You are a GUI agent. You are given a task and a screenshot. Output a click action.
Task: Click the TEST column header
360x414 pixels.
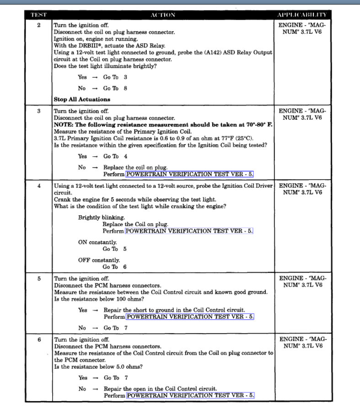38,15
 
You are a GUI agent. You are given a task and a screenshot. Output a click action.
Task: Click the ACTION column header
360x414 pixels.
163,15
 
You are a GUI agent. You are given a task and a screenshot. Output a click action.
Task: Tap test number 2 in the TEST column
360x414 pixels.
38,25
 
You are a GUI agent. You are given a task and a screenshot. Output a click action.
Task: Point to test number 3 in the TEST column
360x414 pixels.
38,111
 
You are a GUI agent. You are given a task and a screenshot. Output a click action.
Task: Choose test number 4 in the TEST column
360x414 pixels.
38,186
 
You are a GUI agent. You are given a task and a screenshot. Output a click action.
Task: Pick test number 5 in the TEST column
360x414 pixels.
38,278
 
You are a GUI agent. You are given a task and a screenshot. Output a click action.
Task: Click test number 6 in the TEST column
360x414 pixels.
38,340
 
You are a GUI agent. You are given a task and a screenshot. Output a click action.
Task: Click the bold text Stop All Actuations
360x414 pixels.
82,99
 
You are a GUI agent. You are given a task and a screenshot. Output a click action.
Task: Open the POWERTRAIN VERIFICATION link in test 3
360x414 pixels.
189,174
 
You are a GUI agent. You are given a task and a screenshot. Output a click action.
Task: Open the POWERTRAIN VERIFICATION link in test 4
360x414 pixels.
189,231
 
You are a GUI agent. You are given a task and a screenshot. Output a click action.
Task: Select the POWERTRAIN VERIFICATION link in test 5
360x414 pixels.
190,316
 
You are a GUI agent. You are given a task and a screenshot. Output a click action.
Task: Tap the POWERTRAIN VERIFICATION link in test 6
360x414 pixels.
190,395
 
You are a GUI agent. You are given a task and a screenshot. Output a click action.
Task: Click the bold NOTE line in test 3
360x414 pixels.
163,124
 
